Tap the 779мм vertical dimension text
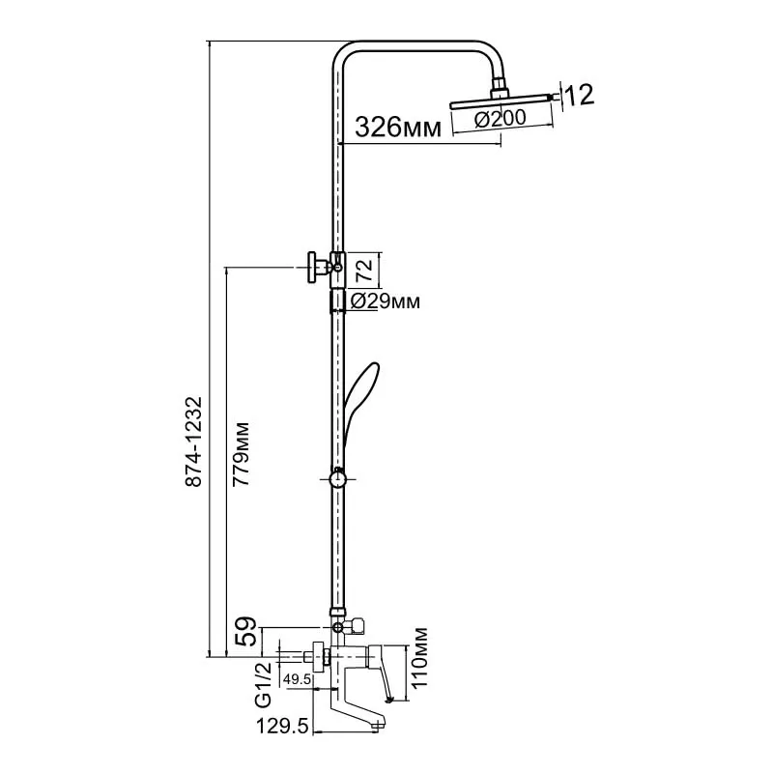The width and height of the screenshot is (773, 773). [x=241, y=453]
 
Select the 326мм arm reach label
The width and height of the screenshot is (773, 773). [x=398, y=128]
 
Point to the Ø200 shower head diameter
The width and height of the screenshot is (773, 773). [x=501, y=119]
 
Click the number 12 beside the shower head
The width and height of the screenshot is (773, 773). [x=579, y=95]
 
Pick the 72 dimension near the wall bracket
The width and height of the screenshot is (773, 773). [x=365, y=270]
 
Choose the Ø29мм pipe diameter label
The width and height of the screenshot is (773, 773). [x=385, y=301]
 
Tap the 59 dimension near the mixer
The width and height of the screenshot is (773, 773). [x=245, y=632]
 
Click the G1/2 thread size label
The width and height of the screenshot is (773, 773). [x=263, y=685]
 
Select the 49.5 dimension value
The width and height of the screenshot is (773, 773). [x=297, y=679]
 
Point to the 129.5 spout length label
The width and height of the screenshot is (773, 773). [x=282, y=727]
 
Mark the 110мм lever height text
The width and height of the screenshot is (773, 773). [x=418, y=658]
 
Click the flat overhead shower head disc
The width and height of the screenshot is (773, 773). [x=501, y=100]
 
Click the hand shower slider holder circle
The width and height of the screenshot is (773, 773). [x=337, y=479]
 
